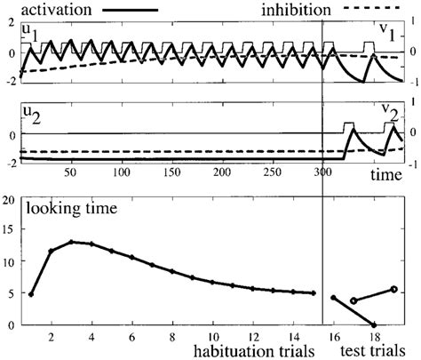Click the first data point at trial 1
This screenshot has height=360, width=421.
31,293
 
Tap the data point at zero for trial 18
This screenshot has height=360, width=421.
374,324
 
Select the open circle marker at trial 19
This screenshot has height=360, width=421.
393,289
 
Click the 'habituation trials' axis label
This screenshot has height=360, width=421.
253,351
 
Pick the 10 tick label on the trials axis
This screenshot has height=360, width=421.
212,338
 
